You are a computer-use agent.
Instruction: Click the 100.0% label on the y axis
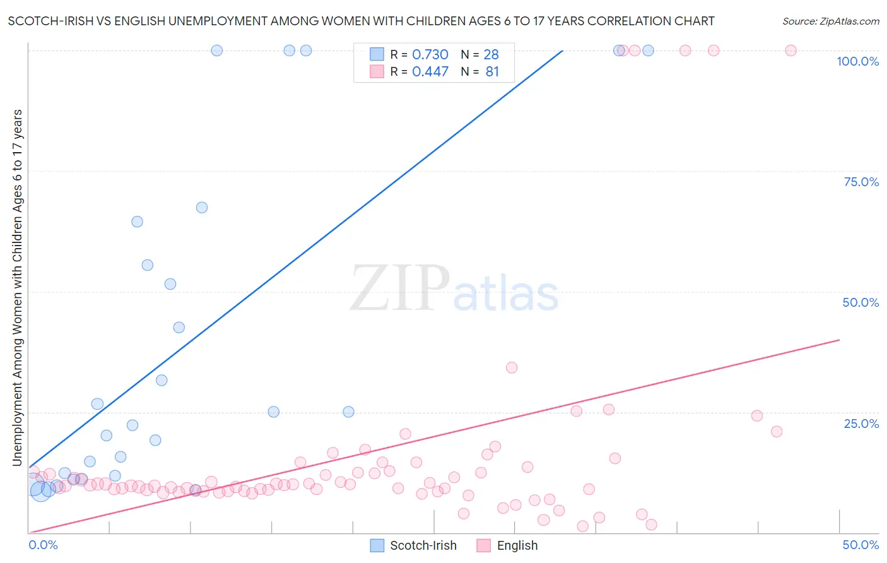click(x=857, y=61)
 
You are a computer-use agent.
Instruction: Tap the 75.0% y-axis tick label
click(x=861, y=182)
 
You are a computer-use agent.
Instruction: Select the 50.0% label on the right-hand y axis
click(x=861, y=302)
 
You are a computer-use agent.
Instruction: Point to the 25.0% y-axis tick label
click(x=861, y=423)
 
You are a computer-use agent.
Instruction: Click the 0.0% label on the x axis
click(x=43, y=545)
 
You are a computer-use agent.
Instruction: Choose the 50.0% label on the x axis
click(x=861, y=545)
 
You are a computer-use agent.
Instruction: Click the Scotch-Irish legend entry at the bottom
click(x=413, y=545)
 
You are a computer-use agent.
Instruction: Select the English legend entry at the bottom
click(x=507, y=545)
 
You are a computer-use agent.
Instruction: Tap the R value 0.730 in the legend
click(x=430, y=55)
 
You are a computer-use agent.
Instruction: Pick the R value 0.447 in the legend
click(x=430, y=72)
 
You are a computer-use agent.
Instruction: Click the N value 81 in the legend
click(x=492, y=72)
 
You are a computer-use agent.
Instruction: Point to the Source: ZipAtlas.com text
click(x=831, y=21)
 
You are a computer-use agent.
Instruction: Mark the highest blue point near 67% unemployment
click(x=202, y=207)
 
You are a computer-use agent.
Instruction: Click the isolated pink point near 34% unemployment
click(x=512, y=367)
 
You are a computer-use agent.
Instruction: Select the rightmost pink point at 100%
click(x=790, y=50)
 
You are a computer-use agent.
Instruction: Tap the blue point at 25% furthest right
click(x=348, y=412)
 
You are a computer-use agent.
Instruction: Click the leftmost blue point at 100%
click(x=217, y=50)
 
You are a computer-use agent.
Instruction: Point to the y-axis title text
click(x=17, y=288)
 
